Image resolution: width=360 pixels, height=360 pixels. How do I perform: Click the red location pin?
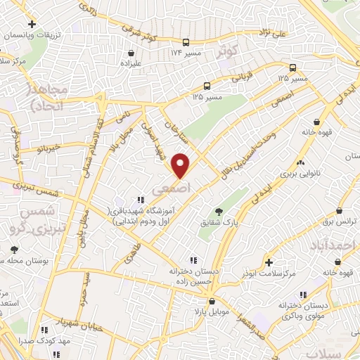coord(181,165)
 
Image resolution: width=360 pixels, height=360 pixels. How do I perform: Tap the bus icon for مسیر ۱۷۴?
coord(186,42)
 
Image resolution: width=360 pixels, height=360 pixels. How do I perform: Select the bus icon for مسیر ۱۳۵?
coord(292,68)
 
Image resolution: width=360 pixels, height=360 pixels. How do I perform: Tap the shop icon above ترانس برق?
coord(339,210)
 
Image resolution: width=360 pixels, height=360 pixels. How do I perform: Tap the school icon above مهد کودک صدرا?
coord(44,329)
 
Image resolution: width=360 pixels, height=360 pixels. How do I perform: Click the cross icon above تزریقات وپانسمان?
coord(32,24)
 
